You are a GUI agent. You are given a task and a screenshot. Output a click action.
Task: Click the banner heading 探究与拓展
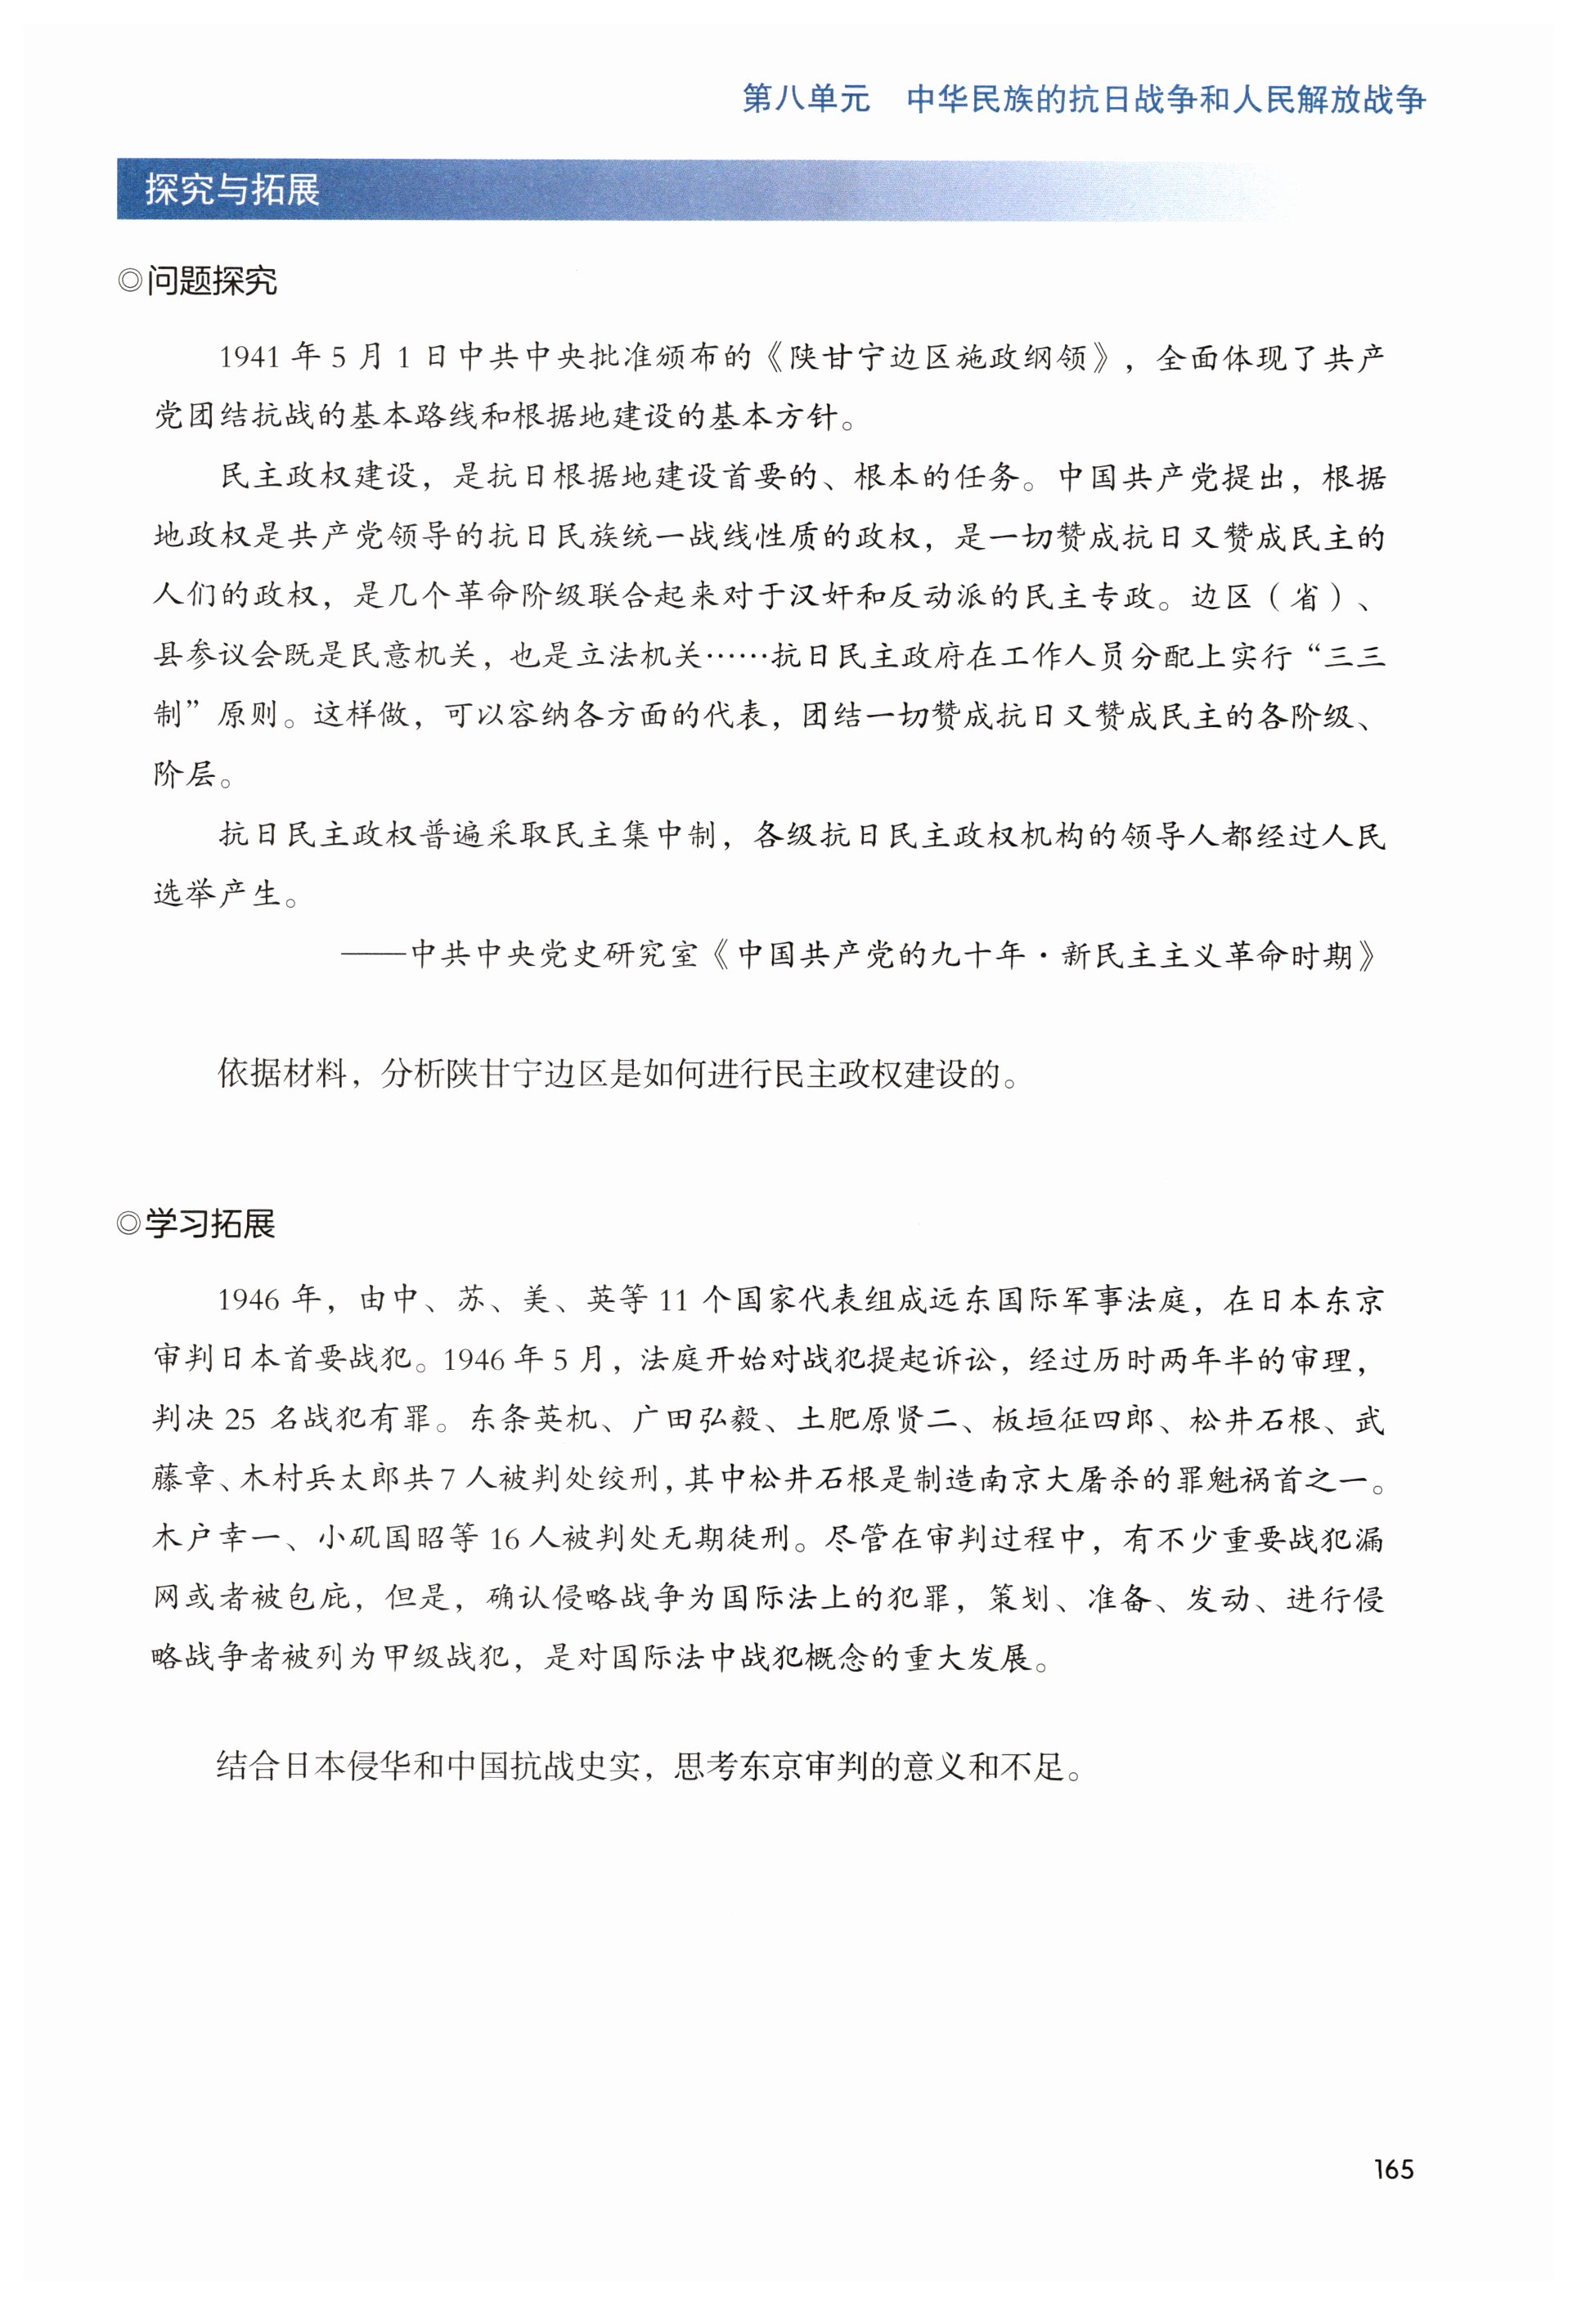[x=232, y=189]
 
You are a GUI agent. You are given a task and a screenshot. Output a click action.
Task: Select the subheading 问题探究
[x=211, y=281]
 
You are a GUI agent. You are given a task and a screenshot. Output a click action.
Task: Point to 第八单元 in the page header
[x=806, y=99]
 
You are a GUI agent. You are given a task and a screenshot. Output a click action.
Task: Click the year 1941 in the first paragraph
[x=249, y=357]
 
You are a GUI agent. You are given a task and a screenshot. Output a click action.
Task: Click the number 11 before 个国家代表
[x=673, y=1300]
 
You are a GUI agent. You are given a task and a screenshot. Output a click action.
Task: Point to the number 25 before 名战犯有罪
[x=240, y=1419]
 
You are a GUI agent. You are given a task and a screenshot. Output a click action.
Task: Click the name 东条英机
[x=533, y=1419]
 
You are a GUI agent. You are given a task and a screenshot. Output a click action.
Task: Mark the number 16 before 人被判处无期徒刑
[x=505, y=1539]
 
